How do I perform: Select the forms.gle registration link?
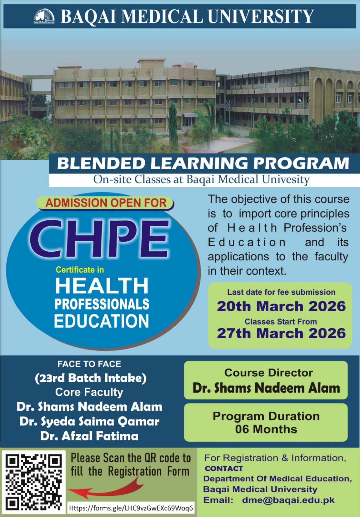[x=131, y=508]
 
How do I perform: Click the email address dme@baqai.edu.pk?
[x=289, y=500]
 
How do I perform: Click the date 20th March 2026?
[x=281, y=306]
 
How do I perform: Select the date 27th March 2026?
[x=281, y=333]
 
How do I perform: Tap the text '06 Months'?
[x=266, y=429]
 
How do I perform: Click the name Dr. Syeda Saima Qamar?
[x=89, y=421]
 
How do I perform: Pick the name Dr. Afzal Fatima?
[x=89, y=436]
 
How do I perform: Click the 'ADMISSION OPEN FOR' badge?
[x=105, y=203]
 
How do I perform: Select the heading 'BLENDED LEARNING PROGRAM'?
[x=203, y=164]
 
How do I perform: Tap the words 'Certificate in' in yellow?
[x=80, y=269]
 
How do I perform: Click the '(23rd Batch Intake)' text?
[x=91, y=378]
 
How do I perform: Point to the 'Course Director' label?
[x=269, y=373]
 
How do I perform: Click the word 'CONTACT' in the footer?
[x=224, y=468]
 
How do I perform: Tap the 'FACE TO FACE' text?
[x=89, y=364]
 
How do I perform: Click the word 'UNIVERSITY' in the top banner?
[x=261, y=16]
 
